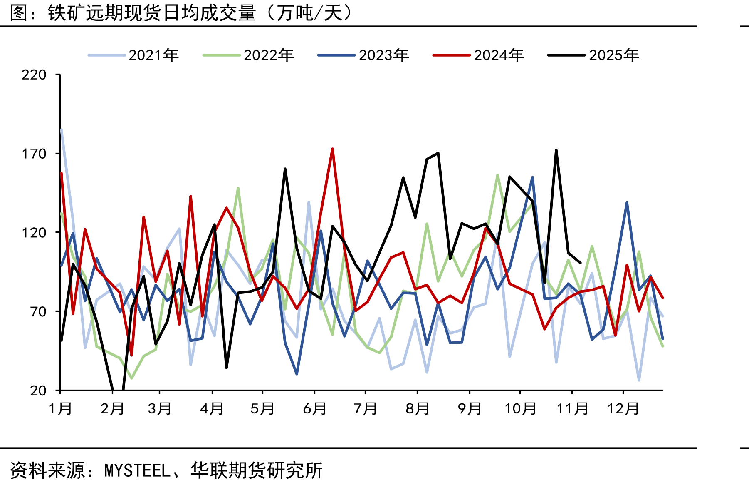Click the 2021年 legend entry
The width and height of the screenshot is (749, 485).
coord(133,55)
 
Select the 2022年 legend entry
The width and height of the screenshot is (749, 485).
coord(248,55)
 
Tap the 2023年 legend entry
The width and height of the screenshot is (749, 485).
coord(363,55)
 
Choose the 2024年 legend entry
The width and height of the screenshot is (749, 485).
coord(479,55)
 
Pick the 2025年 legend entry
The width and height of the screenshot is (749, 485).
coord(593,55)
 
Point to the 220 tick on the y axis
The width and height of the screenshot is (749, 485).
coord(34,75)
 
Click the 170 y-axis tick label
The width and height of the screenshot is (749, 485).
coord(34,154)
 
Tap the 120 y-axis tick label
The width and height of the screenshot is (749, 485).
coord(34,232)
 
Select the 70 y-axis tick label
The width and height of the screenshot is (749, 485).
coord(38,311)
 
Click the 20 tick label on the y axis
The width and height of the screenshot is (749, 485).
coord(38,390)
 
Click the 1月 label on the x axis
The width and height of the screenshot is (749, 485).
coord(61,408)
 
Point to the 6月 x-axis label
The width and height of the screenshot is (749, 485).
coord(315,408)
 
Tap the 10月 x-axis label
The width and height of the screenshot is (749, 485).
coord(520,408)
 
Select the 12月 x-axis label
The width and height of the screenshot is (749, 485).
coord(623,408)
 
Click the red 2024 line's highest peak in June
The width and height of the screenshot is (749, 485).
coord(333,149)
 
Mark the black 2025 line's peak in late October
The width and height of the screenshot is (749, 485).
coord(556,150)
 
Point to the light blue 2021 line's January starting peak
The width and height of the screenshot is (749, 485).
coord(61,129)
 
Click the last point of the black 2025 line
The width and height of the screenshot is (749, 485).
coord(580,263)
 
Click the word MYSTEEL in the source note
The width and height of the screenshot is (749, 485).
coord(137,471)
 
